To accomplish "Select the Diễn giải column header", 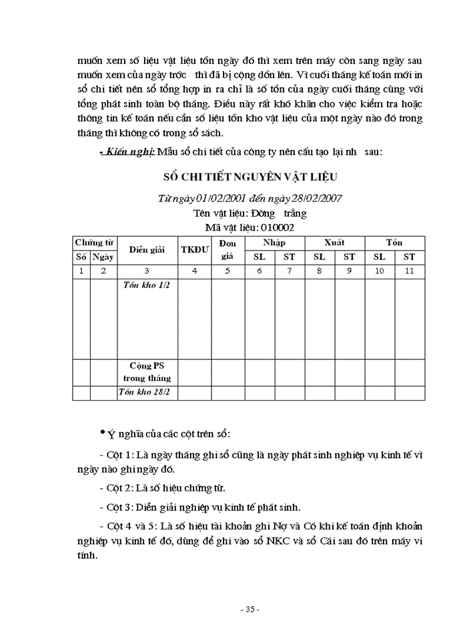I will [147, 249].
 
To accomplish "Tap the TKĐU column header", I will [195, 249].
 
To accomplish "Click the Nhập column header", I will [274, 242].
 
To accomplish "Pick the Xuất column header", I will [334, 242].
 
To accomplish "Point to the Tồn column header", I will [394, 242].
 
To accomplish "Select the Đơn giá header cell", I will [227, 249].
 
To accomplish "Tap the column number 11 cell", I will [410, 271].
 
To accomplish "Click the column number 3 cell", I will [147, 271].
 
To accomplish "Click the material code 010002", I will [276, 227].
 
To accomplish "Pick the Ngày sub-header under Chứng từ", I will [103, 257].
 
